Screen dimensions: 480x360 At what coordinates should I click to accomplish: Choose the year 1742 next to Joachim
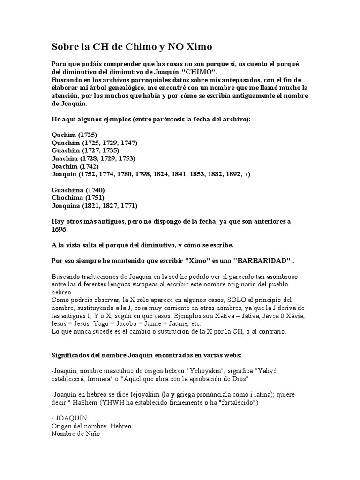(x=89, y=166)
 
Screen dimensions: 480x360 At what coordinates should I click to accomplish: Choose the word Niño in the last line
(x=92, y=434)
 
